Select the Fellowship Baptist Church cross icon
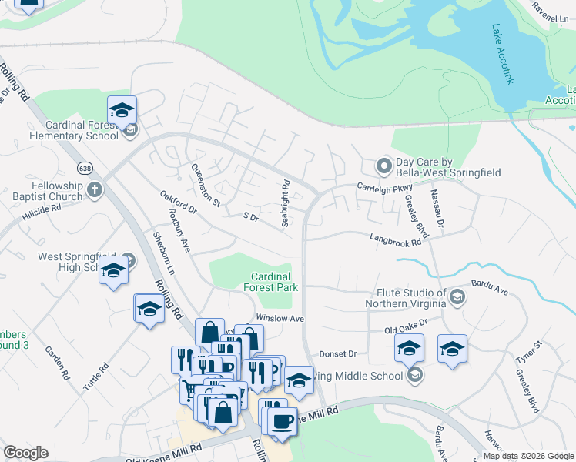click(x=95, y=190)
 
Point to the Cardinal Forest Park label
click(x=270, y=282)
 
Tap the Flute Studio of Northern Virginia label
click(x=411, y=298)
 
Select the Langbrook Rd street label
click(x=395, y=241)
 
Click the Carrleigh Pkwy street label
click(x=384, y=186)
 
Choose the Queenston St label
click(x=206, y=192)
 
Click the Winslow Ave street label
click(x=281, y=318)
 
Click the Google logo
click(x=25, y=453)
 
